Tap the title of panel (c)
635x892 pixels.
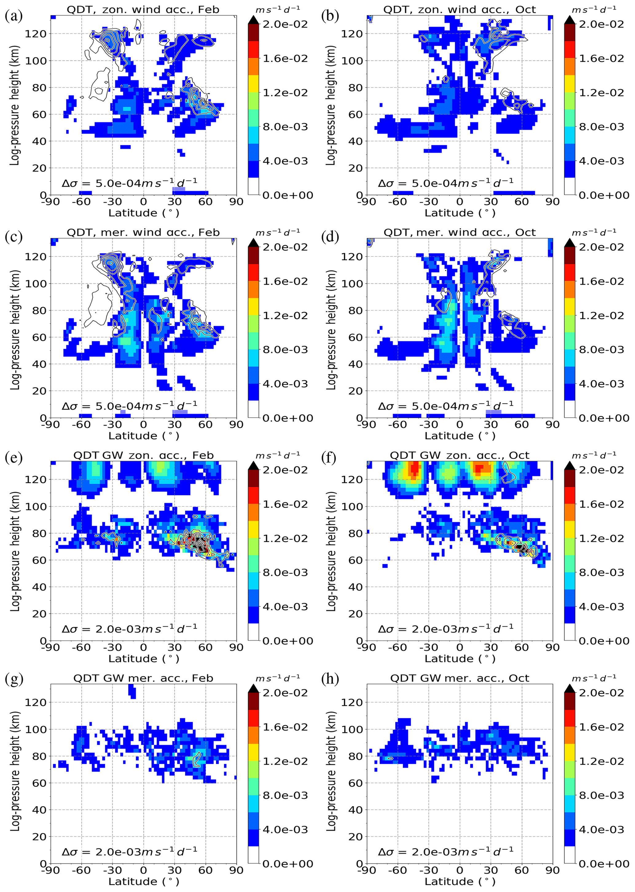tap(143, 232)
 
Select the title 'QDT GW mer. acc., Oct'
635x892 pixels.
tap(460, 678)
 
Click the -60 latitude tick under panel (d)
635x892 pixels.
tap(398, 425)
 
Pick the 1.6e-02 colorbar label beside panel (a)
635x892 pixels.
tap(285, 59)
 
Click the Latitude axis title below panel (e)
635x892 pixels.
tap(143, 659)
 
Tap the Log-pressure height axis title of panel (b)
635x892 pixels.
tap(331, 106)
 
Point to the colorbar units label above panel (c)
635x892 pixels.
tap(278, 232)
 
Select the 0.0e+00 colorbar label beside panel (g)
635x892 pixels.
tap(287, 863)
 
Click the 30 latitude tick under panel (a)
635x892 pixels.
tap(174, 202)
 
